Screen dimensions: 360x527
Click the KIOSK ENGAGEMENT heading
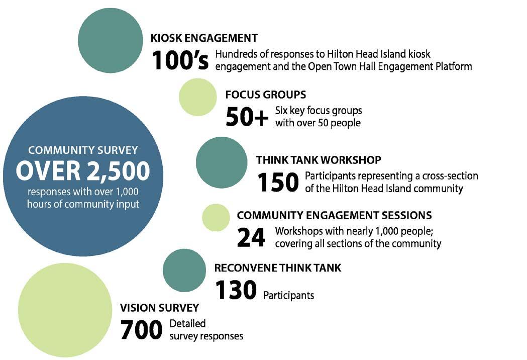[x=204, y=38]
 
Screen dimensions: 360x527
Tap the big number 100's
[x=180, y=60]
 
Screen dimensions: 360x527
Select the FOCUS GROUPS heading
[x=266, y=95]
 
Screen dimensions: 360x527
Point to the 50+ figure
[x=247, y=117]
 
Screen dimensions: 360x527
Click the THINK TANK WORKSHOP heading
[x=319, y=160]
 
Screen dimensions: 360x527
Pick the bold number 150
[x=278, y=183]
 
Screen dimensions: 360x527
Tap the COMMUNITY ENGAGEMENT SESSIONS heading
[x=334, y=215]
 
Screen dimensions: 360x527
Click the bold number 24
[x=251, y=238]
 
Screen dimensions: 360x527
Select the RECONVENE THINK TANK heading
[x=277, y=268]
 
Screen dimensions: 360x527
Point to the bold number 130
[x=236, y=291]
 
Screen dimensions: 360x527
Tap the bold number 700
[x=141, y=330]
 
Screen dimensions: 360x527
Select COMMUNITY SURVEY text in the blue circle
[x=83, y=150]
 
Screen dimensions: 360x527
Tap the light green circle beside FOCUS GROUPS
[x=197, y=97]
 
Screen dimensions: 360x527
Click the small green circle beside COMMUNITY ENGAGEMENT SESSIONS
[x=216, y=217]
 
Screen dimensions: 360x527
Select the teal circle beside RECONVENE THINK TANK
[x=184, y=271]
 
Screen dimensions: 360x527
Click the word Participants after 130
[x=288, y=295]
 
